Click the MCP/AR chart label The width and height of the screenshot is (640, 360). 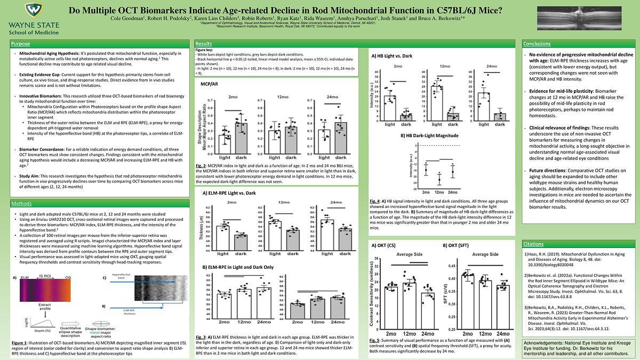[x=209, y=84]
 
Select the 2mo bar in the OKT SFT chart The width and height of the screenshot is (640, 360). [x=468, y=299]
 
